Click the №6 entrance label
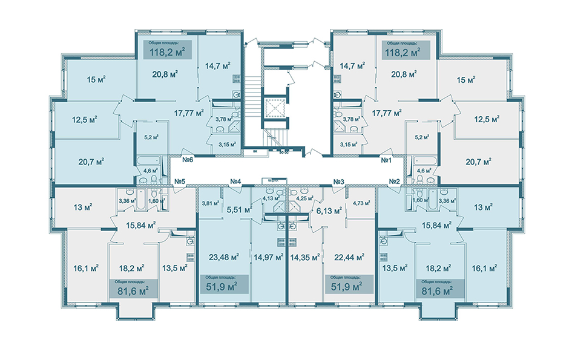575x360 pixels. tap(186, 160)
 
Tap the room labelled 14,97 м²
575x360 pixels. tap(269, 257)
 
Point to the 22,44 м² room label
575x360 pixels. tap(349, 257)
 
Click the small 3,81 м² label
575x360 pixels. tap(210, 203)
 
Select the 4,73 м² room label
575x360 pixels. tap(361, 203)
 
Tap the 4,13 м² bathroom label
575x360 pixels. tap(270, 198)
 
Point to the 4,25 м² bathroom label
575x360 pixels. tap(304, 198)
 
